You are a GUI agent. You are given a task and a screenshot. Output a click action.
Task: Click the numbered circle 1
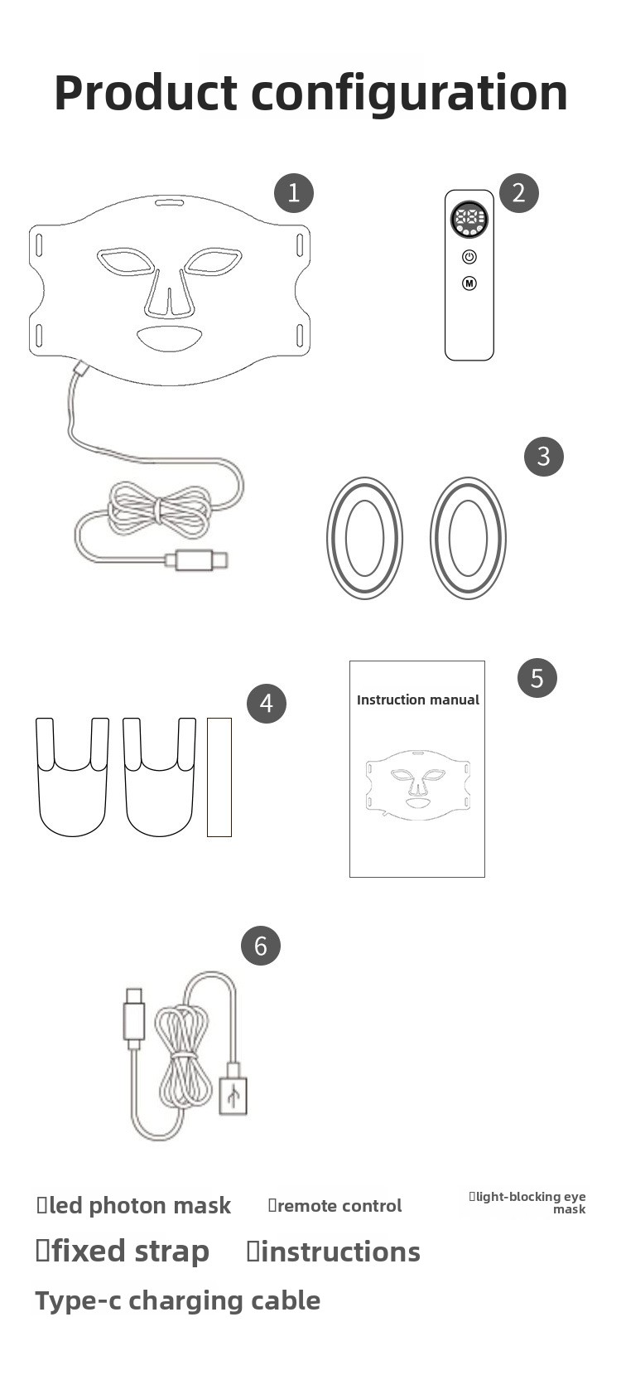click(294, 193)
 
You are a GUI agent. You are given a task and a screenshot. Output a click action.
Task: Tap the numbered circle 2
click(519, 193)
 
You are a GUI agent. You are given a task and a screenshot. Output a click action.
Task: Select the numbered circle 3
click(543, 456)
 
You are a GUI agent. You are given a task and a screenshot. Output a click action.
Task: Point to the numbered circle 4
click(267, 703)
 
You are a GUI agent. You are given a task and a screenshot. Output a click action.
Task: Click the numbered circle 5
click(537, 678)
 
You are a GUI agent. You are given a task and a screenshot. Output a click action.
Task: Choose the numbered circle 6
click(260, 946)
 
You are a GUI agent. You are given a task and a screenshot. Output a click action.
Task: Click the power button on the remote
click(469, 257)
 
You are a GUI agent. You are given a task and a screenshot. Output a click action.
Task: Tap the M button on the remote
click(469, 283)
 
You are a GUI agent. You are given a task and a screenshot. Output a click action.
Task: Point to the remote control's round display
click(469, 220)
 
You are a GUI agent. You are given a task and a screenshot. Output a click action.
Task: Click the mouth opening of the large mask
click(170, 338)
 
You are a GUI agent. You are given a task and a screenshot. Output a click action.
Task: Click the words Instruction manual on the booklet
click(418, 700)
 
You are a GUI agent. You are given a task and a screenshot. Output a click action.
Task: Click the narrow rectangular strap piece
click(219, 777)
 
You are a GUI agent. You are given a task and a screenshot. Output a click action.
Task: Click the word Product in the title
click(146, 92)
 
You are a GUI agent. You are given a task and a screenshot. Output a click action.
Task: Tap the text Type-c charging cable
click(178, 1300)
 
